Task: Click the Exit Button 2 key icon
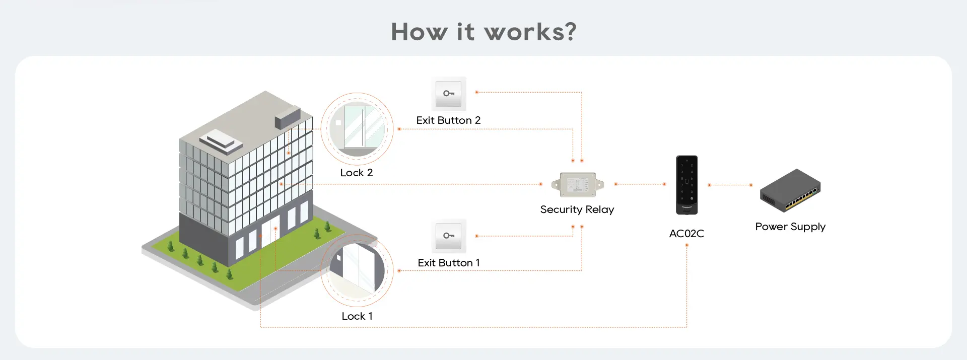pyautogui.click(x=448, y=94)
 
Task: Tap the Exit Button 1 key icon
pyautogui.click(x=448, y=236)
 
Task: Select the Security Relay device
pyautogui.click(x=578, y=185)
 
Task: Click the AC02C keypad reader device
pyautogui.click(x=686, y=185)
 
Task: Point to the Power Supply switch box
pyautogui.click(x=790, y=190)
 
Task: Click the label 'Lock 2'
pyautogui.click(x=357, y=173)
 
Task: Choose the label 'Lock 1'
pyautogui.click(x=357, y=316)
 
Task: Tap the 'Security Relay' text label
pyautogui.click(x=577, y=209)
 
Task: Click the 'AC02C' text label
pyautogui.click(x=686, y=234)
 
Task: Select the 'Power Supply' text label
pyautogui.click(x=790, y=227)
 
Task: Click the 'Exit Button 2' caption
pyautogui.click(x=448, y=120)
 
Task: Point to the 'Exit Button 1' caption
pyautogui.click(x=448, y=263)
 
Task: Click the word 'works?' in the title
pyautogui.click(x=530, y=32)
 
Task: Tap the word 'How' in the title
pyautogui.click(x=419, y=32)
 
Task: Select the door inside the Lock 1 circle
pyautogui.click(x=359, y=270)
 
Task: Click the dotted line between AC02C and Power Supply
pyautogui.click(x=730, y=185)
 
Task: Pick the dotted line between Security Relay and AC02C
pyautogui.click(x=640, y=184)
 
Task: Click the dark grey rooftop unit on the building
pyautogui.click(x=288, y=117)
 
